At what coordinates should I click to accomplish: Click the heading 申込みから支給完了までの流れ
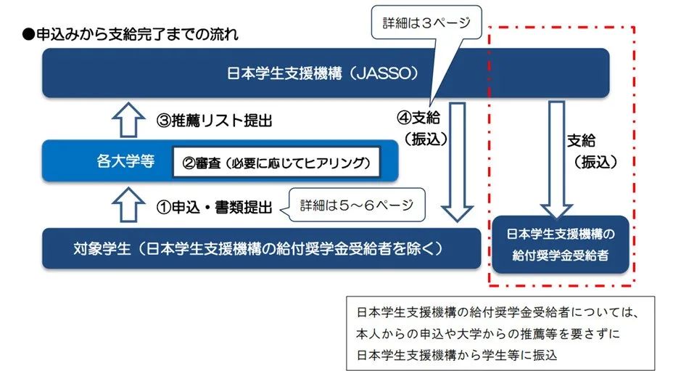(x=137, y=34)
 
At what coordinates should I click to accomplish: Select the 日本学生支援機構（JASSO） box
(x=326, y=73)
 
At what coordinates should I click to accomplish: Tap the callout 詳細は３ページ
(x=426, y=23)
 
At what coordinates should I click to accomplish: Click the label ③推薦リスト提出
(x=214, y=121)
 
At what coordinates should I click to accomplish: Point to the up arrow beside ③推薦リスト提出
(x=128, y=120)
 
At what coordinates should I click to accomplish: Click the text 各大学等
(x=125, y=161)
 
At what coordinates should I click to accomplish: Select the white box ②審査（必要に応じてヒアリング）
(x=276, y=163)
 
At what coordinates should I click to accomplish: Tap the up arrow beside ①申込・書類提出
(x=128, y=205)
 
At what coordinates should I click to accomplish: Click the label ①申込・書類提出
(x=214, y=207)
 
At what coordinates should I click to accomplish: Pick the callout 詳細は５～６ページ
(x=356, y=205)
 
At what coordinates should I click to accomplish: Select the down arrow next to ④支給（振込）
(x=457, y=162)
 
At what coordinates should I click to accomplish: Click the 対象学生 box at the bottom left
(x=261, y=248)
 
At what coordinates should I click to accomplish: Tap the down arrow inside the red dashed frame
(x=556, y=160)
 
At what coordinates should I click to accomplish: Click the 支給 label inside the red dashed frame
(x=581, y=141)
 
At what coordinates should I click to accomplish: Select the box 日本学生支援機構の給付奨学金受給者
(x=560, y=245)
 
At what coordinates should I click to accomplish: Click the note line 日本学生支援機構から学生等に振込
(x=457, y=355)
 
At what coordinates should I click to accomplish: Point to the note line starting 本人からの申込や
(x=487, y=333)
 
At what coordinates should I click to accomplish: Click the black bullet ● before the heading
(x=28, y=35)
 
